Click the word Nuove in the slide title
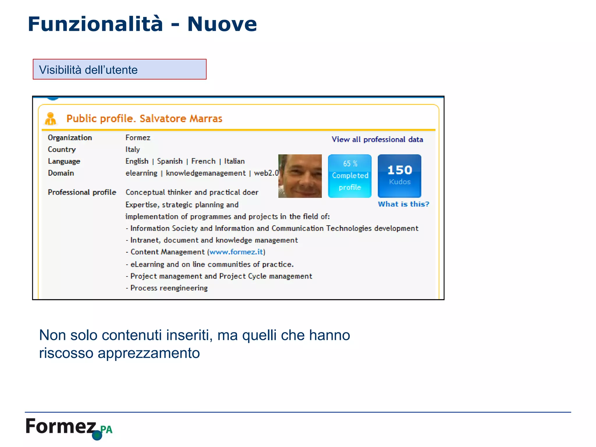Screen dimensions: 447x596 (x=222, y=24)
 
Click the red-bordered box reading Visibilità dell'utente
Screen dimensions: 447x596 (x=120, y=70)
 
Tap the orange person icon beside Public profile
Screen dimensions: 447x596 (x=51, y=119)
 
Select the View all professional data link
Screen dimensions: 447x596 (x=377, y=140)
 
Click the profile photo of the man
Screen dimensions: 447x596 (x=300, y=176)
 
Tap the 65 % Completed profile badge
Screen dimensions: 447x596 (x=350, y=176)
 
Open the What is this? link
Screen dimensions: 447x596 (x=403, y=204)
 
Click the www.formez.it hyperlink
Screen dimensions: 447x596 (x=236, y=252)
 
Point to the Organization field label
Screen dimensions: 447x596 (x=70, y=138)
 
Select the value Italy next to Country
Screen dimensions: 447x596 (x=133, y=150)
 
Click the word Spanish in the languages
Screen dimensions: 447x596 (x=170, y=161)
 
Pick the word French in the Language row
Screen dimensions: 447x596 (x=203, y=161)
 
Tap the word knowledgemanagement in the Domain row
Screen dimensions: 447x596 (x=206, y=173)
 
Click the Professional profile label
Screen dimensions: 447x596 (x=82, y=192)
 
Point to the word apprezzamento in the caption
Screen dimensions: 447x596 (x=149, y=353)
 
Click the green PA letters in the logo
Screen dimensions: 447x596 (x=107, y=430)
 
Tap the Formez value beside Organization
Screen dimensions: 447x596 (x=138, y=138)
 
